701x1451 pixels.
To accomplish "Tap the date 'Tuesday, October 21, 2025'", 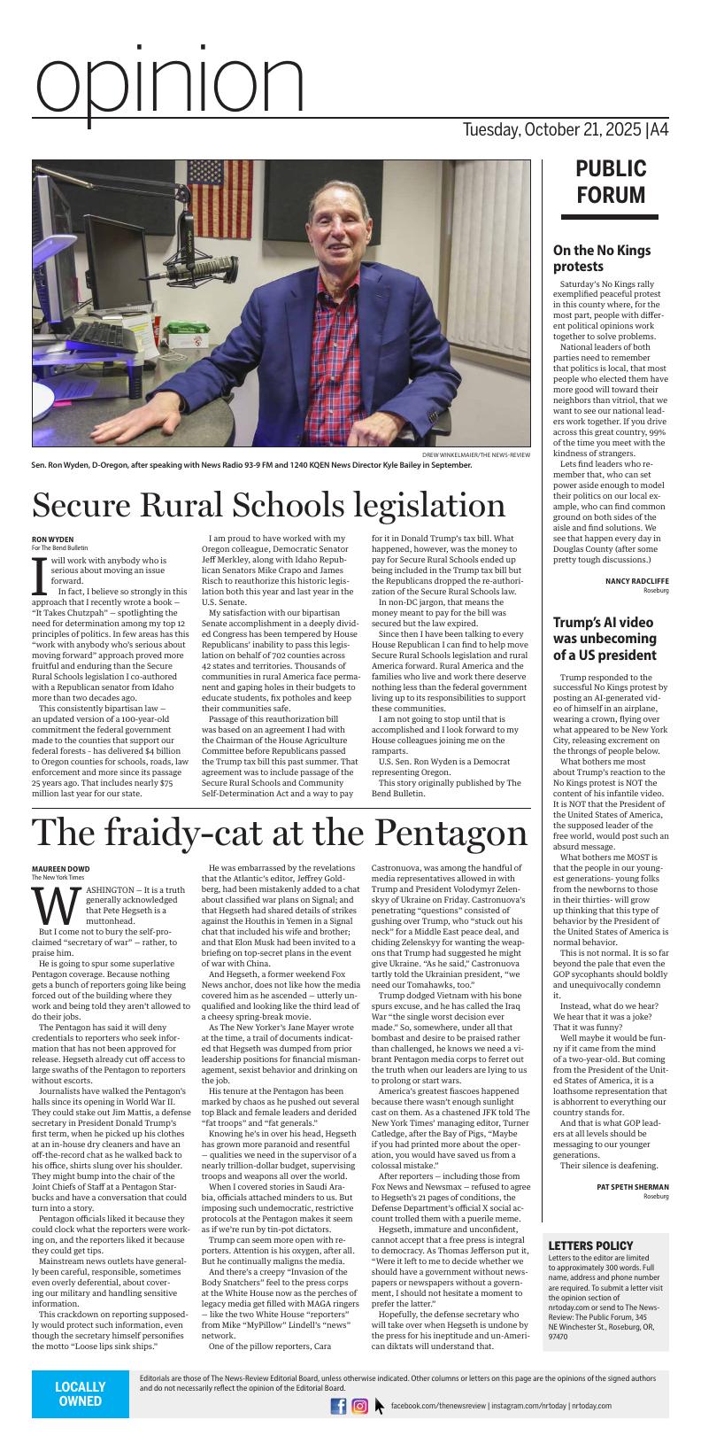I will coord(552,130).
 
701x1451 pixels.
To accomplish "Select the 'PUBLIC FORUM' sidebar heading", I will coord(611,182).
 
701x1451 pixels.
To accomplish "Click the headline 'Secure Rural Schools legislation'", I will coord(268,505).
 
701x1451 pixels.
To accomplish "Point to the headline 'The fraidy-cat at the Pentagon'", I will coord(280,833).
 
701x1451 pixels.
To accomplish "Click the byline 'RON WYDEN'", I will coord(53,539).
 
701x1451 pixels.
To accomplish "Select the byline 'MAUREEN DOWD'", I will coord(61,868).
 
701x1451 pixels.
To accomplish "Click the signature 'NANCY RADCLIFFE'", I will coord(636,581).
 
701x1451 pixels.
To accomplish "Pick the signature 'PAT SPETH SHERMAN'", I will coord(632,1186).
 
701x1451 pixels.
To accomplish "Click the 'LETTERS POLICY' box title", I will coord(590,1245).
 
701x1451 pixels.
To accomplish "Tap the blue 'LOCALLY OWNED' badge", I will coord(80,1393).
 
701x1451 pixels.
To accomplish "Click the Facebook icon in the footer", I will coord(338,1406).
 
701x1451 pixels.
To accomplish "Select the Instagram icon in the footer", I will coord(360,1406).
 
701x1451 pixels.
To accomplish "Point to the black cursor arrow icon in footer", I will coord(380,1406).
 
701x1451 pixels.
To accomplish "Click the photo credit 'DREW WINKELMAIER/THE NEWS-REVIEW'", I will coord(475,454).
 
